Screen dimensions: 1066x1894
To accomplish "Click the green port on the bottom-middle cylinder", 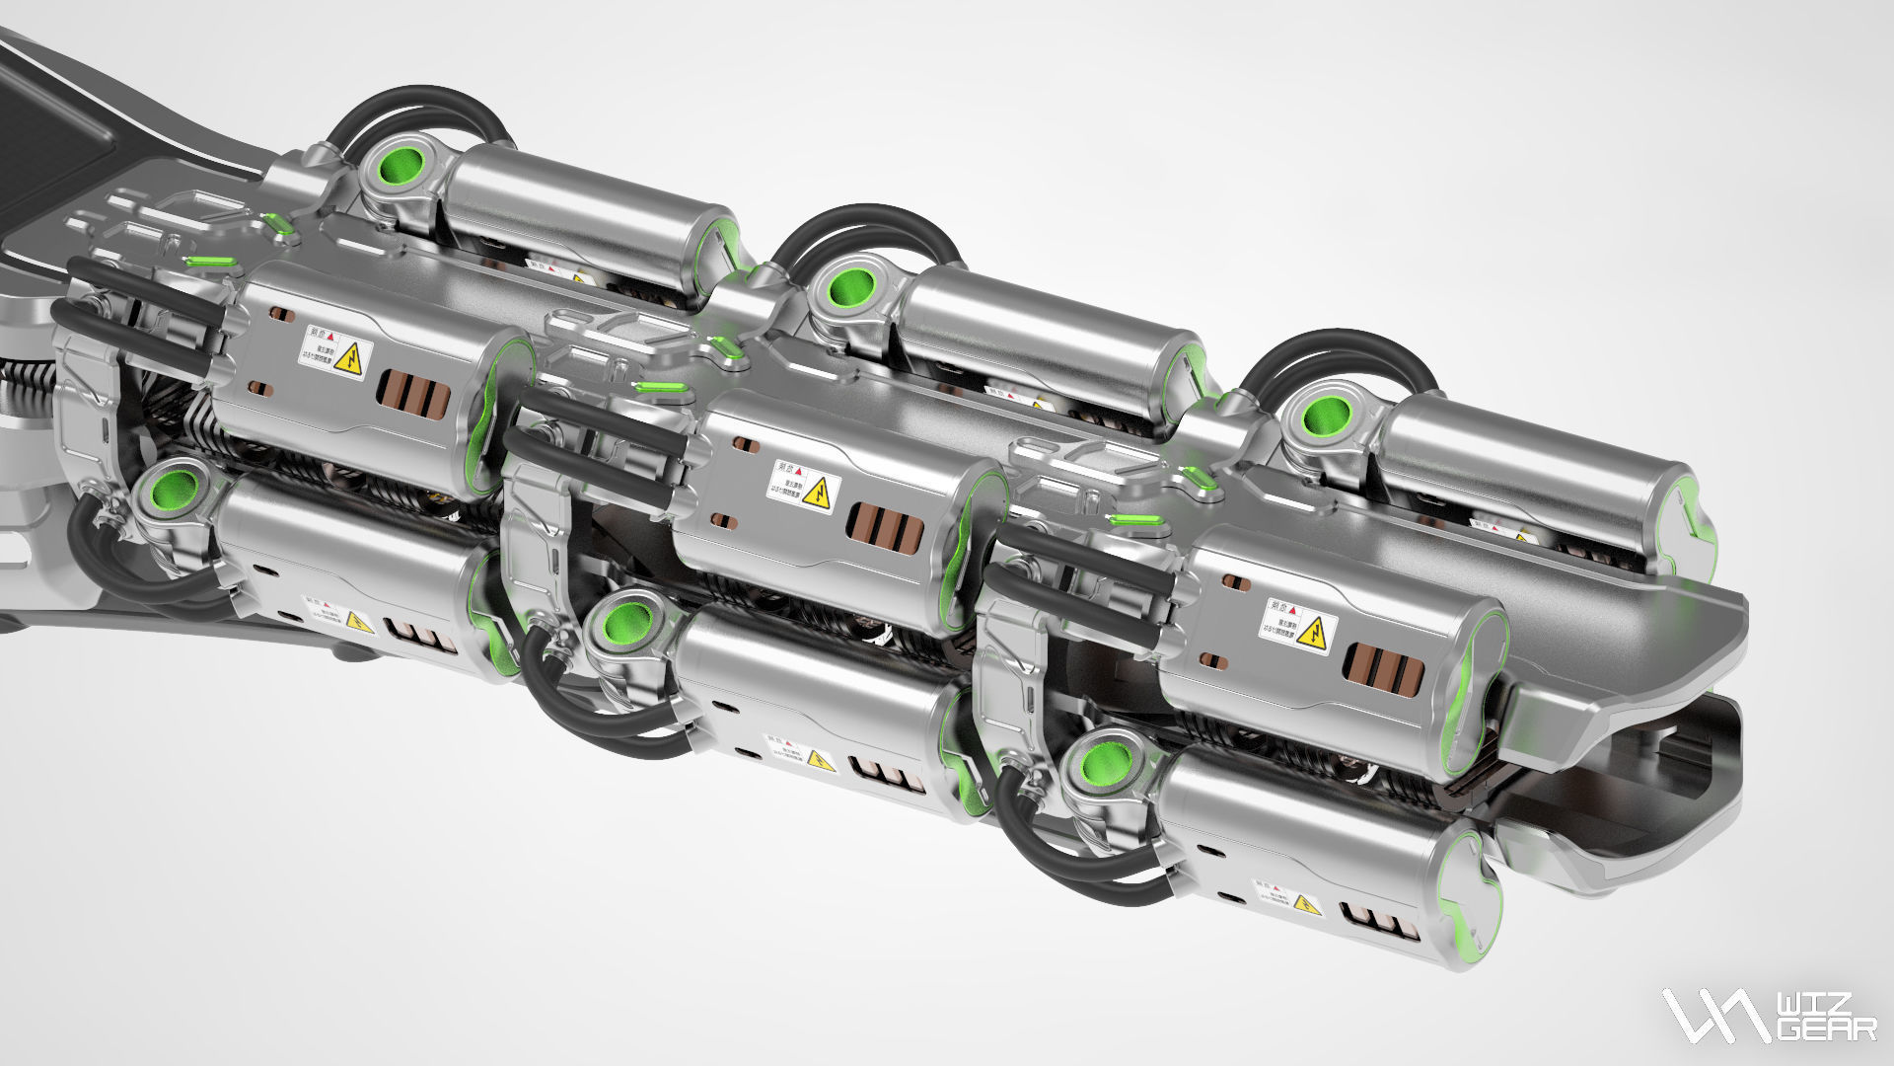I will [622, 624].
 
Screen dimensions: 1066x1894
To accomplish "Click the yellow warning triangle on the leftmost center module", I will [348, 361].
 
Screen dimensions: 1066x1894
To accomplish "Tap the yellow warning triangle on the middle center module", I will [817, 494].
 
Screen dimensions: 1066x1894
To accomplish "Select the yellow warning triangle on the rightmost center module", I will [1313, 633].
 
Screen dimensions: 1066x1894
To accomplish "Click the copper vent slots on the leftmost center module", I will [414, 394].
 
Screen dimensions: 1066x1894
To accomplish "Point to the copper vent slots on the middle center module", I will [885, 528].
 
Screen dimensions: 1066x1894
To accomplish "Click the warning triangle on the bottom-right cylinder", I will [1306, 904].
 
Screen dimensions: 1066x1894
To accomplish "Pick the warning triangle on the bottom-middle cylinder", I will [820, 760].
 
